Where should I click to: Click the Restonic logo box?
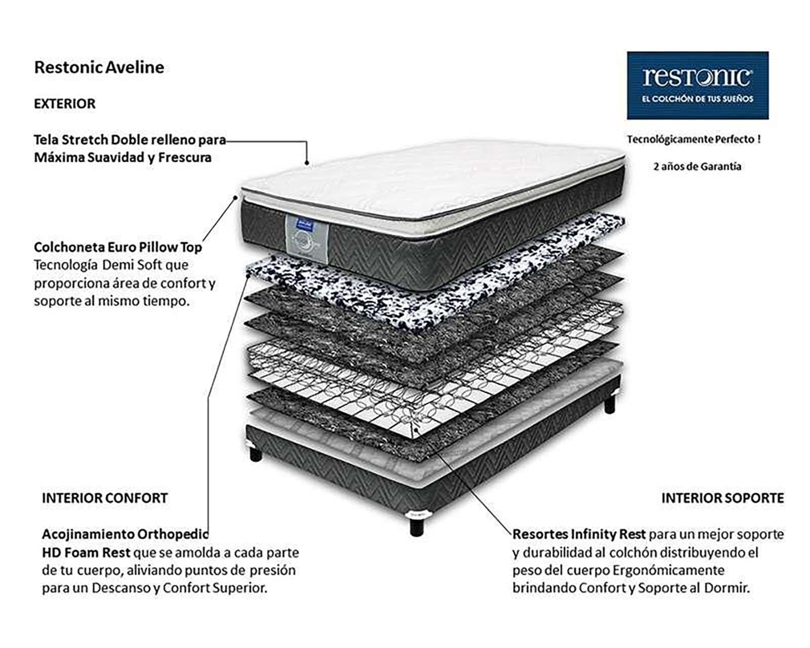pyautogui.click(x=697, y=85)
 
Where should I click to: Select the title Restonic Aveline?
pyautogui.click(x=99, y=67)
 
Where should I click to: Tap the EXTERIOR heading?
pyautogui.click(x=65, y=104)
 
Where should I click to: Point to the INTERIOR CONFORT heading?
pyautogui.click(x=104, y=498)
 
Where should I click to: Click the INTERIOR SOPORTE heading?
pyautogui.click(x=722, y=498)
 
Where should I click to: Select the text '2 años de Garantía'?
pyautogui.click(x=697, y=167)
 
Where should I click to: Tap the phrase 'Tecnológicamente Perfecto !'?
pyautogui.click(x=694, y=139)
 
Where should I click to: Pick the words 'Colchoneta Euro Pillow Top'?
pyautogui.click(x=118, y=247)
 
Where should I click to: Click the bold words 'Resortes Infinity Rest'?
pyautogui.click(x=579, y=534)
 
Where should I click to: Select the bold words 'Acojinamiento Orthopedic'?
pyautogui.click(x=125, y=534)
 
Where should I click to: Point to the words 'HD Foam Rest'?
pyautogui.click(x=86, y=552)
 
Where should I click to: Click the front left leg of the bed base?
pyautogui.click(x=256, y=453)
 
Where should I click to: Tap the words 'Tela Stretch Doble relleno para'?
pyautogui.click(x=130, y=140)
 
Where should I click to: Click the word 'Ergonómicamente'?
pyautogui.click(x=668, y=570)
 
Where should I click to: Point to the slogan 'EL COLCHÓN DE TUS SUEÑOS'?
pyautogui.click(x=697, y=99)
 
